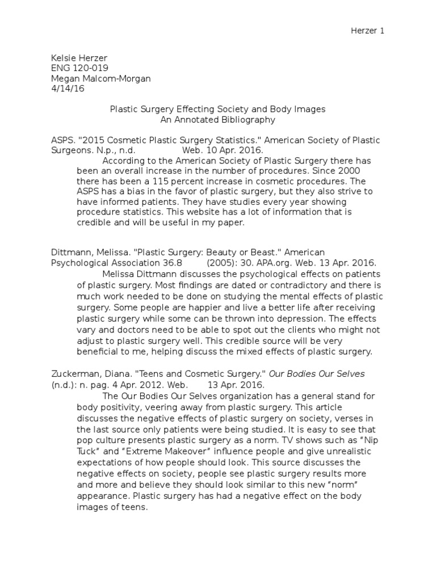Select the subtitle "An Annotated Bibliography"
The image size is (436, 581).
218,120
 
